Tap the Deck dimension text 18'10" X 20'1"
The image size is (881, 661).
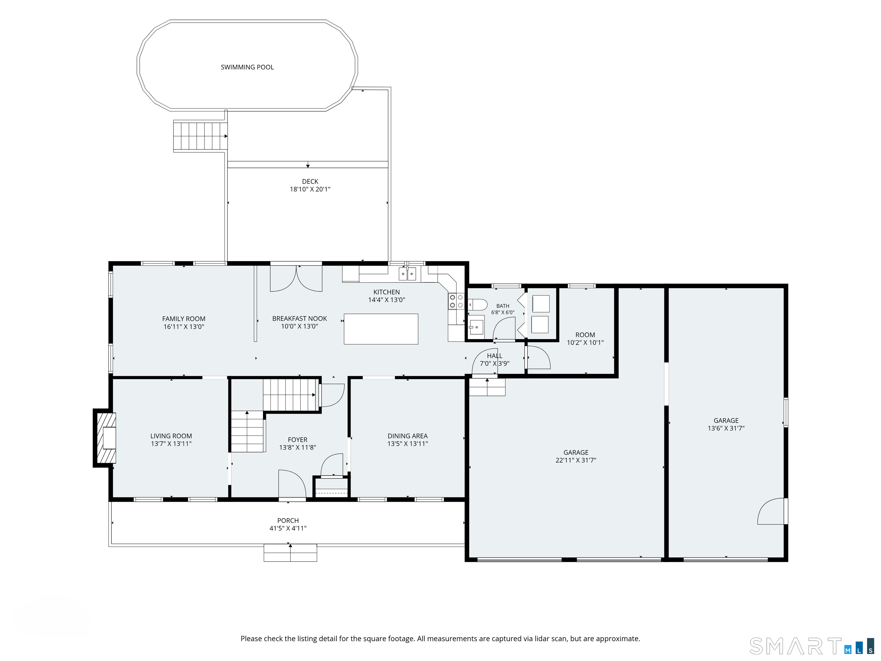pos(310,189)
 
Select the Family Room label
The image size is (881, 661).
pos(184,319)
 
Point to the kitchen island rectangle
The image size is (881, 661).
pos(381,329)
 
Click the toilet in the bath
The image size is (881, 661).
pos(477,305)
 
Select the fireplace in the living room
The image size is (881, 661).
pos(105,438)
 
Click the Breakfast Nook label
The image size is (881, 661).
pos(299,319)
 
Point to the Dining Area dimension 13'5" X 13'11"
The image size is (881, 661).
pos(408,444)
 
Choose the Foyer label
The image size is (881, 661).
pos(297,440)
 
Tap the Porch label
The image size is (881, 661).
pos(288,521)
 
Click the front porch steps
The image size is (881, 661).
pos(290,553)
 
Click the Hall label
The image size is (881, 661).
pos(495,356)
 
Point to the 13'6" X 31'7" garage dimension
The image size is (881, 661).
pos(726,428)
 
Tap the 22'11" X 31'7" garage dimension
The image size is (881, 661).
pos(576,460)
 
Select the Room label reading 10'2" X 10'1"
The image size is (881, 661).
pos(585,339)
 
